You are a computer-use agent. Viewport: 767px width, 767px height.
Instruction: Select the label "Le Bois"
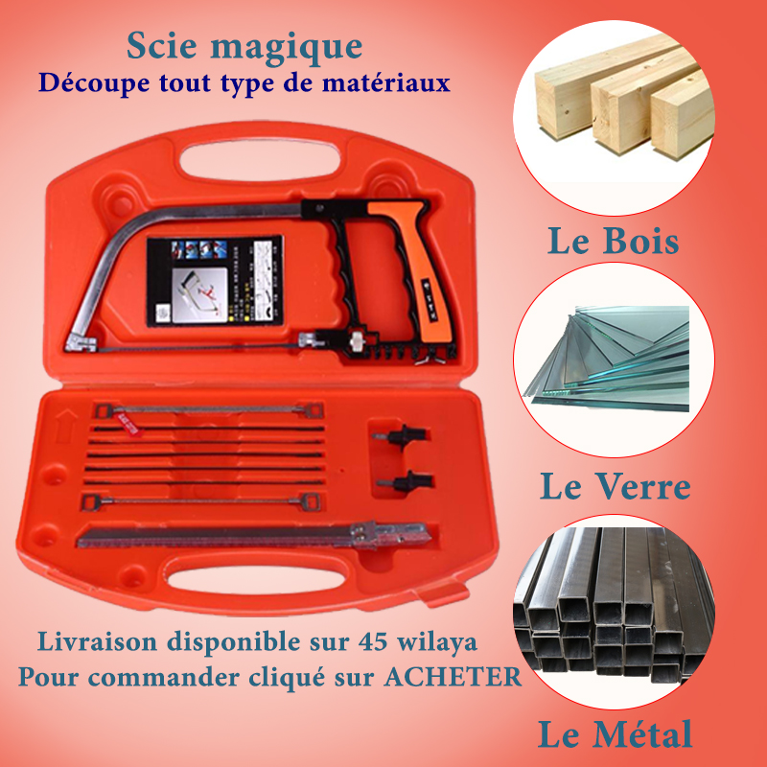click(613, 241)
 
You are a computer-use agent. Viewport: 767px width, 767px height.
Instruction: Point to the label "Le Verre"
click(615, 487)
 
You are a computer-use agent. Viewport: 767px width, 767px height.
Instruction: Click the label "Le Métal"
click(614, 735)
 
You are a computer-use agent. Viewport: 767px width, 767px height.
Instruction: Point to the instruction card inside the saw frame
click(215, 278)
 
